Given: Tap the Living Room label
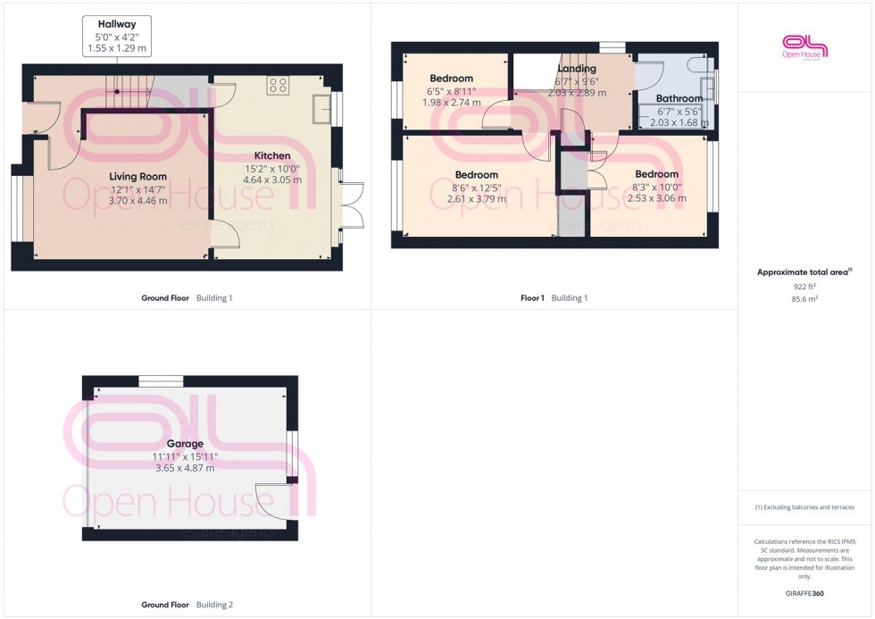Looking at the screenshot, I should click(137, 176).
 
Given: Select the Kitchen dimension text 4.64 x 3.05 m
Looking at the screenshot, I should click(272, 180).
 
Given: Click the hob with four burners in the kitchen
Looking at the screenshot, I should click(278, 86).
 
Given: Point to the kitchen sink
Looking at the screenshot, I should click(321, 111).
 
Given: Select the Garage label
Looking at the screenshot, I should click(185, 443).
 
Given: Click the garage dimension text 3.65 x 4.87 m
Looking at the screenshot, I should click(185, 468).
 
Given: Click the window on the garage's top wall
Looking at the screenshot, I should click(162, 381).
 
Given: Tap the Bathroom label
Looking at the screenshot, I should click(679, 98).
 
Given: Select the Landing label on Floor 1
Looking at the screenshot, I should click(576, 69).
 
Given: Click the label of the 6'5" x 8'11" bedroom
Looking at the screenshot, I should click(451, 79).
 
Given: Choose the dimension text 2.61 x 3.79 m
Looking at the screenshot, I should click(476, 199).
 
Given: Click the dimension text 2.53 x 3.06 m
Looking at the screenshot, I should click(656, 198).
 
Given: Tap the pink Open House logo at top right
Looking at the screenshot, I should click(805, 46).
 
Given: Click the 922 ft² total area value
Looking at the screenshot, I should click(805, 286).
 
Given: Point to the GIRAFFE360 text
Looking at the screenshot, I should click(805, 592).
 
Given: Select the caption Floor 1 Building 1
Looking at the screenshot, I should click(554, 297).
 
